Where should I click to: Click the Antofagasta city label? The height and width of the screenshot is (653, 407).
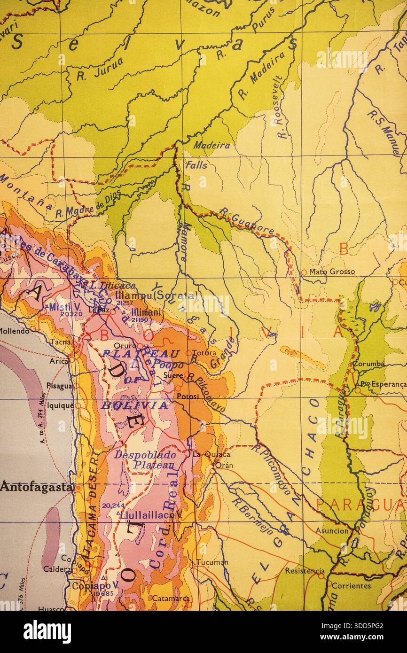pos(37,487)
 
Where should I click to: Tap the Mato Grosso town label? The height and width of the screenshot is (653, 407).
pos(332,272)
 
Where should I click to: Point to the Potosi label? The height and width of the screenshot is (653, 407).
pos(188,396)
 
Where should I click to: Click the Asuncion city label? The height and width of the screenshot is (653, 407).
pos(332,531)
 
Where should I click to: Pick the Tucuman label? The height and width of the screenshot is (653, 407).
pos(212,562)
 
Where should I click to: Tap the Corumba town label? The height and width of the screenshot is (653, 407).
pos(369,364)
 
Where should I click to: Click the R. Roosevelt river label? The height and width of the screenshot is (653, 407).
pos(280,107)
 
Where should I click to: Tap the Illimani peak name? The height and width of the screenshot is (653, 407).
pos(146,312)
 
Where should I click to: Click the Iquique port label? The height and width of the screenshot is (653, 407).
pos(60,405)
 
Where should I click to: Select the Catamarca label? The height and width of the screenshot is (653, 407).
pos(171,599)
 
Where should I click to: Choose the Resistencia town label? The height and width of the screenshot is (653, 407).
pos(305,571)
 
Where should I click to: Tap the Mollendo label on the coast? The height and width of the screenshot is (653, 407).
pos(14,331)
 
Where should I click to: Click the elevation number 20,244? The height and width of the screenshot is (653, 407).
pos(113,505)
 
